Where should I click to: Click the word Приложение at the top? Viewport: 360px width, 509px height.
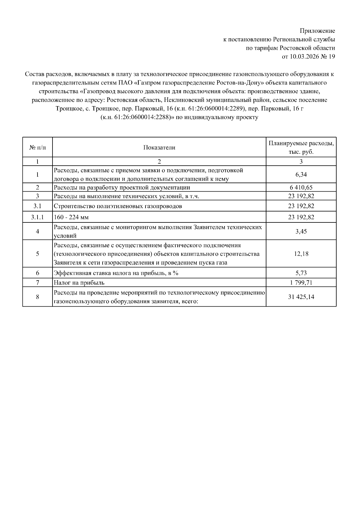point(317,31)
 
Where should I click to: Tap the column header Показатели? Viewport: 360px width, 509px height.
point(159,147)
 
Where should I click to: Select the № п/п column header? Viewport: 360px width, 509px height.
point(37,147)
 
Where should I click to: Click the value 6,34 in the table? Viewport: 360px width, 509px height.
point(301,175)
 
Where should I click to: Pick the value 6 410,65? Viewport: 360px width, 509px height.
point(301,188)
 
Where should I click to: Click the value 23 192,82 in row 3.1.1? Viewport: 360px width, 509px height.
point(301,217)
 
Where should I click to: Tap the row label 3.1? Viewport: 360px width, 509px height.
point(37,206)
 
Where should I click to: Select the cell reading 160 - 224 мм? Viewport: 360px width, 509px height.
point(71,217)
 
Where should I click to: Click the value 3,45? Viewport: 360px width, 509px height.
point(301,231)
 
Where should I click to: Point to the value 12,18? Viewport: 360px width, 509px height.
point(301,254)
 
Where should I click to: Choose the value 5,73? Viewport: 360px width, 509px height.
point(301,273)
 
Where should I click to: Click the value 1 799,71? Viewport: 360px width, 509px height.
point(301,283)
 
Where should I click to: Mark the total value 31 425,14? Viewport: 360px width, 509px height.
point(301,297)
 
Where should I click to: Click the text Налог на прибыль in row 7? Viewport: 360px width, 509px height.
point(79,283)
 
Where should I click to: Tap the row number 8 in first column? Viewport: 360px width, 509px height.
point(37,297)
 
